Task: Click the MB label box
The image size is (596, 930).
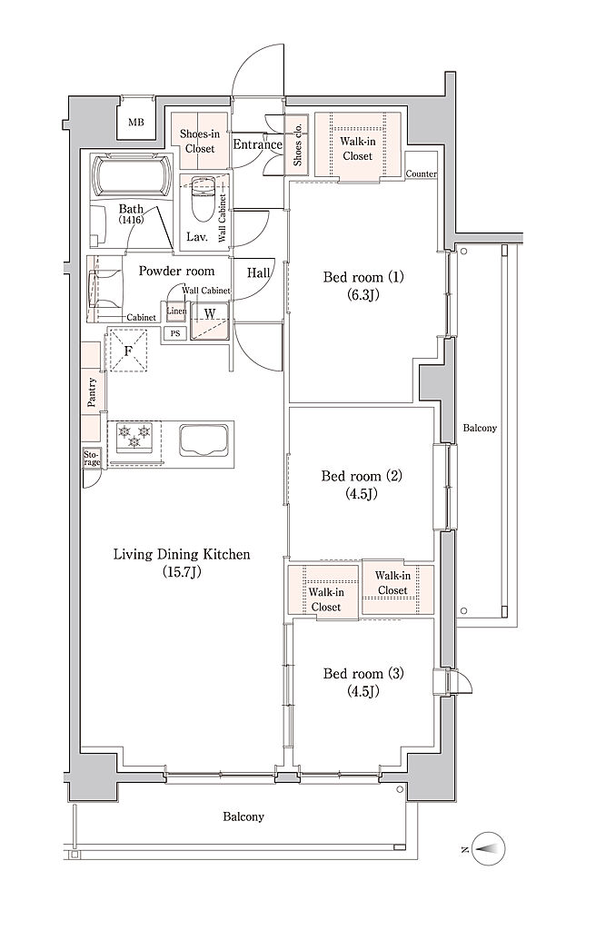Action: pos(136,123)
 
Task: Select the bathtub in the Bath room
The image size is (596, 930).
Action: pos(132,175)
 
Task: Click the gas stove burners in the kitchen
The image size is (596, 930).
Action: pos(134,436)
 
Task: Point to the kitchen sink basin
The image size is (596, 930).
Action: pos(204,440)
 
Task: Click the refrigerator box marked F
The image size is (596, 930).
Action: pos(127,349)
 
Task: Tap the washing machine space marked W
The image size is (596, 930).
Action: pos(210,322)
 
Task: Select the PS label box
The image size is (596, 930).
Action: pos(175,334)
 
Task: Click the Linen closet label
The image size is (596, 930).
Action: pos(177,312)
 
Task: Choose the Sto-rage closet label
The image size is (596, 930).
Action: pos(92,458)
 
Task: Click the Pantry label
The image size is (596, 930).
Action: pos(92,392)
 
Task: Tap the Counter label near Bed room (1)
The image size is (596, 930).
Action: pos(422,173)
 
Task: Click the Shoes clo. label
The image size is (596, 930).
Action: pos(297,144)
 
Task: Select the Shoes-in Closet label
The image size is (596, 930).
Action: pos(200,141)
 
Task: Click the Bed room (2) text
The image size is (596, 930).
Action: pos(362,476)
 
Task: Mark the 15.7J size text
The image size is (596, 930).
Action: pos(181,572)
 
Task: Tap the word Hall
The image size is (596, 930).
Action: pos(258,273)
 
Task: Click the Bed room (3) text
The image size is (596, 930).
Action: pos(363,673)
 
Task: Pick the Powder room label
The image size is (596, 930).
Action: pos(176,271)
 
